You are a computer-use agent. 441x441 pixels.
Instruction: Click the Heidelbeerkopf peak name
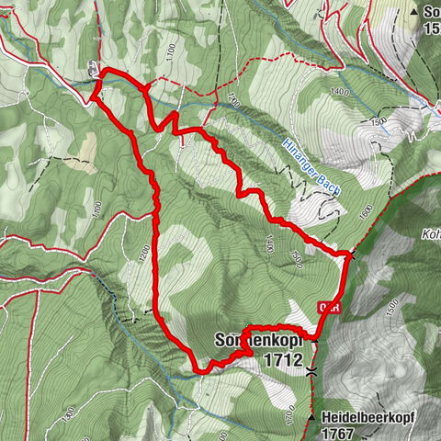pyautogui.click(x=368, y=416)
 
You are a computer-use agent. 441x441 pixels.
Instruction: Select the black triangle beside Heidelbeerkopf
pyautogui.click(x=312, y=417)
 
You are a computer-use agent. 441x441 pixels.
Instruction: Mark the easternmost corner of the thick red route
pyautogui.click(x=351, y=253)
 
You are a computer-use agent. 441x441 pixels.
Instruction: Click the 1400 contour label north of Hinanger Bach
pyautogui.click(x=342, y=92)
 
